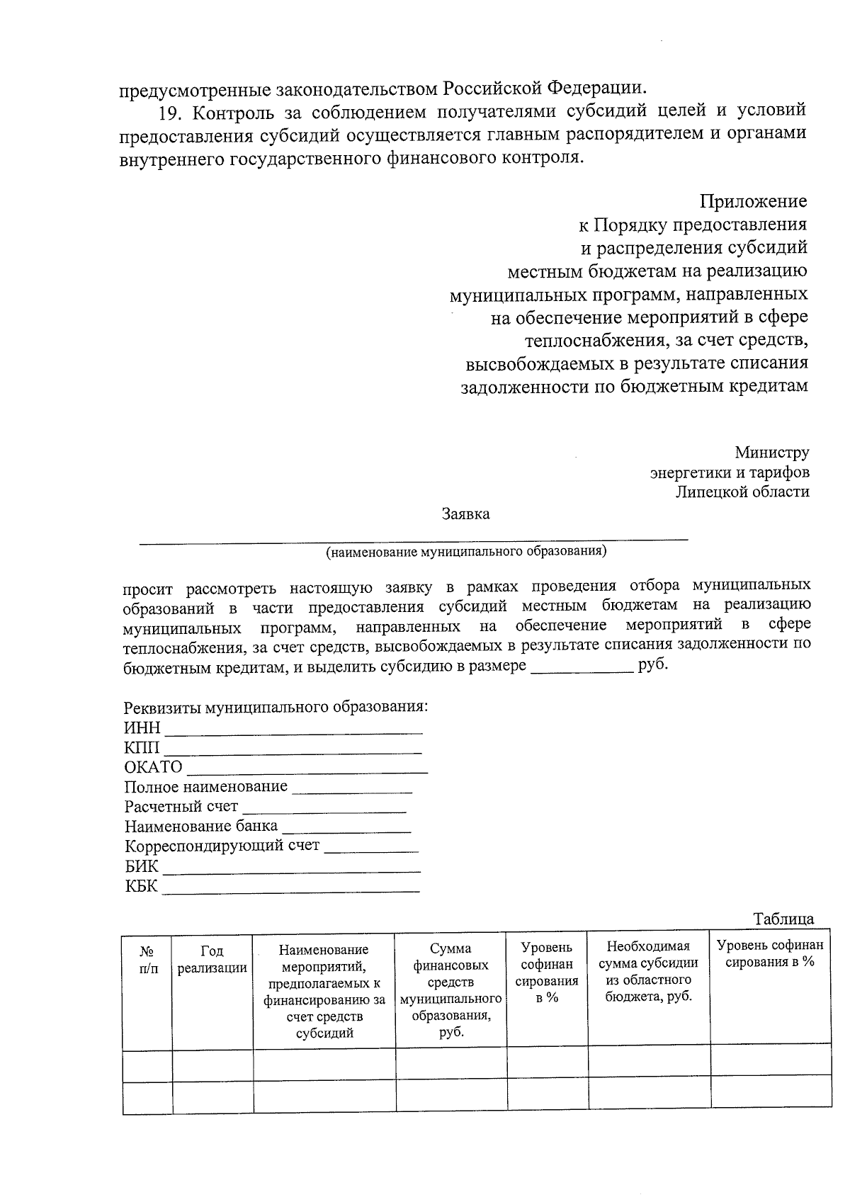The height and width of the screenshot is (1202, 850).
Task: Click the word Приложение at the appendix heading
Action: point(754,201)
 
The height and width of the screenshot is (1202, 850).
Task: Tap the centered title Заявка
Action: point(465,514)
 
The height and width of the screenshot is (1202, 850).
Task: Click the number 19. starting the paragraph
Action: point(171,112)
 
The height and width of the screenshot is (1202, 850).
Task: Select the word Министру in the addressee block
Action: point(771,452)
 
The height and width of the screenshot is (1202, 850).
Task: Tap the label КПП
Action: point(142,748)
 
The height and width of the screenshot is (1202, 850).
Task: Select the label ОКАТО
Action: point(153,767)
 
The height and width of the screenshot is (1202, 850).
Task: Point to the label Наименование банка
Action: point(201,827)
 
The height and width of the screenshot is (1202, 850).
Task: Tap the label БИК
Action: point(141,866)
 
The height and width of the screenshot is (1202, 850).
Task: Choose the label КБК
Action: point(141,885)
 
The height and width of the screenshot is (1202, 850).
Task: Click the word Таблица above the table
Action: point(783,919)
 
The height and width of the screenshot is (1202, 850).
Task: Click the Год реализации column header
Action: point(212,960)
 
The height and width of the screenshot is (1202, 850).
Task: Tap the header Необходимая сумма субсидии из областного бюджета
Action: point(648,971)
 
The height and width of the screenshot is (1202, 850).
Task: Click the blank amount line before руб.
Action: point(581,669)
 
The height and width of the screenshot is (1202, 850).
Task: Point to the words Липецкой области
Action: point(742,491)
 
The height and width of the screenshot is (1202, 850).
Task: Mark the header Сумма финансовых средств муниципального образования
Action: point(450,990)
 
